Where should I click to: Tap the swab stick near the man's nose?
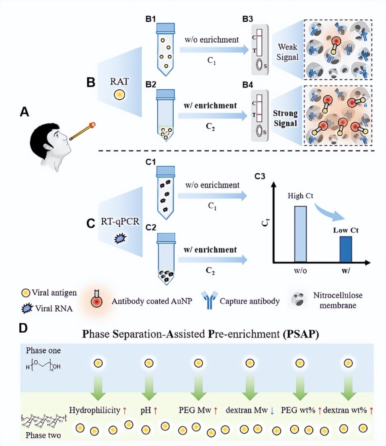point(82,132)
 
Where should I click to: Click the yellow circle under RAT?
point(120,95)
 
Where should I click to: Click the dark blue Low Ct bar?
point(345,249)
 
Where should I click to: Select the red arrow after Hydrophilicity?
point(125,411)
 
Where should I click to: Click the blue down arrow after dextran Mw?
point(272,411)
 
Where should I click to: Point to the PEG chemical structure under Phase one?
point(42,366)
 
